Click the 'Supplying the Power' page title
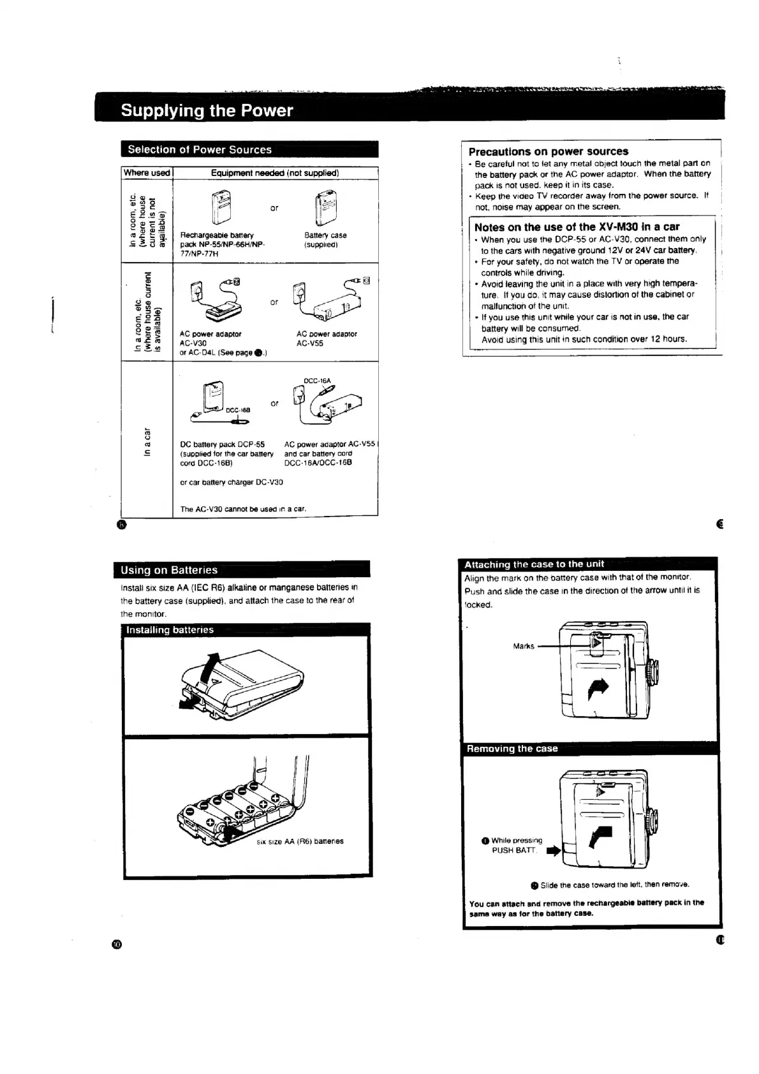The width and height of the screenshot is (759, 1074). click(207, 110)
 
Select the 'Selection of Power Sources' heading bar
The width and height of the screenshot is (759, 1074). click(200, 150)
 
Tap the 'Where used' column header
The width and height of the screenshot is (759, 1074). click(147, 173)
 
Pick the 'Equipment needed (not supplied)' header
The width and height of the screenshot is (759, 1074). click(275, 173)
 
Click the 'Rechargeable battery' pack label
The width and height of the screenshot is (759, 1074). click(217, 235)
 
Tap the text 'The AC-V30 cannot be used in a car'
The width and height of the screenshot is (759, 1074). click(243, 509)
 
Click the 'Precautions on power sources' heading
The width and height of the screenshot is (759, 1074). click(549, 152)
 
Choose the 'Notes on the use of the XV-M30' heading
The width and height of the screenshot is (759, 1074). click(577, 227)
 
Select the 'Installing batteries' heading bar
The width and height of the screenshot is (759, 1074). click(170, 630)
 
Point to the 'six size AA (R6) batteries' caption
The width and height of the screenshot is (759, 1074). click(300, 841)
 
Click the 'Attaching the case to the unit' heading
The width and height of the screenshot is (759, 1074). click(534, 564)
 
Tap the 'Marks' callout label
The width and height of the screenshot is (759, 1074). click(524, 646)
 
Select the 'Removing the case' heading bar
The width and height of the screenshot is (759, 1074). click(512, 749)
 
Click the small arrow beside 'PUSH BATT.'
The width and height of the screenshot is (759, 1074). click(553, 850)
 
